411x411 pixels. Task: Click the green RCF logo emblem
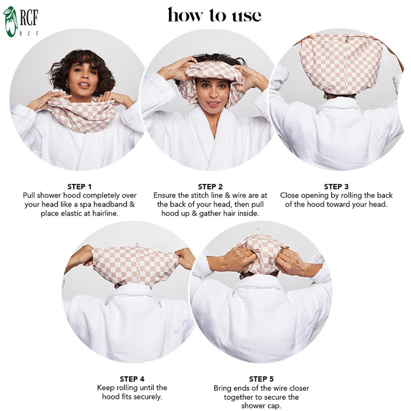(10, 22)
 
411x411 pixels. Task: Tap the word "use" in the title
(246, 16)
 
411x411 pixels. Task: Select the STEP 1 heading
(79, 187)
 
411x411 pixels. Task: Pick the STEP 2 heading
(210, 187)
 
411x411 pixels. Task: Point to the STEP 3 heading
(336, 187)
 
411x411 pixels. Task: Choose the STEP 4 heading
(132, 379)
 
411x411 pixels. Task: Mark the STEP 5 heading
(261, 379)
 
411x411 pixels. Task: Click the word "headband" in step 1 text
(110, 204)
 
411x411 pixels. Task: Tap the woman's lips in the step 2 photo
(213, 104)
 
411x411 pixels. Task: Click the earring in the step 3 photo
(326, 96)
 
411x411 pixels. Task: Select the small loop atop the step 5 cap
(259, 232)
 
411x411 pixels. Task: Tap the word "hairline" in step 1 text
(105, 214)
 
